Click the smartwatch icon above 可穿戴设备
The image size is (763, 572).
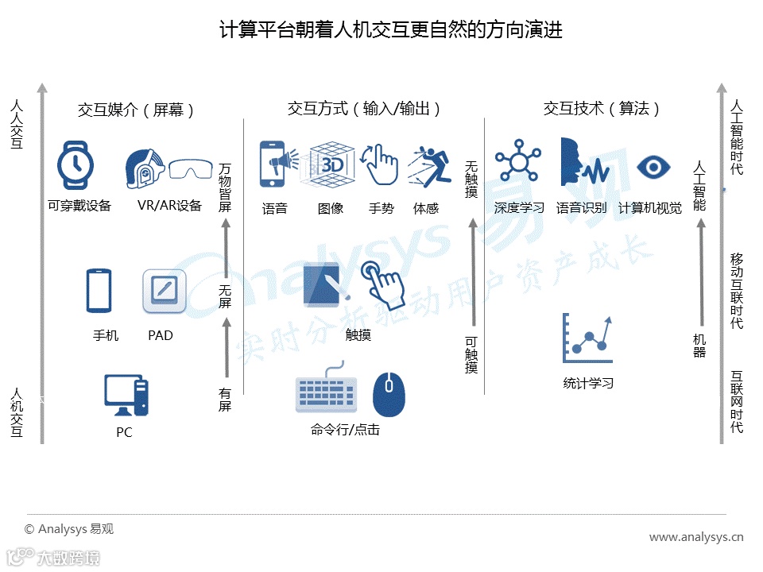76,165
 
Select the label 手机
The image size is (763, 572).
106,335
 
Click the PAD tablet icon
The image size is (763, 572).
165,292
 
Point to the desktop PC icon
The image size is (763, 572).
126,395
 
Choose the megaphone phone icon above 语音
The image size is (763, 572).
276,165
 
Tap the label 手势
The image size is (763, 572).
381,209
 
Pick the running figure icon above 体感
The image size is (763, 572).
428,167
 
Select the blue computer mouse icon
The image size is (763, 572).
389,394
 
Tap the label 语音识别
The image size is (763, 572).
581,209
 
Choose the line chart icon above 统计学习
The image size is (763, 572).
587,338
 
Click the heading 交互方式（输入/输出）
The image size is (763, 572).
364,109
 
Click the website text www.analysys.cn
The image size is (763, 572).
696,537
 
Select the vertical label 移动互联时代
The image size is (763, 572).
737,291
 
